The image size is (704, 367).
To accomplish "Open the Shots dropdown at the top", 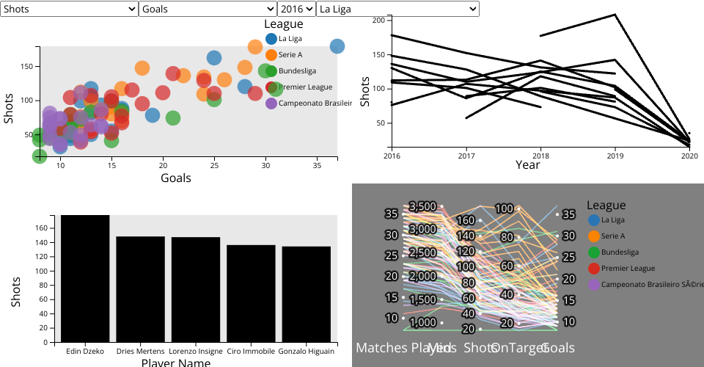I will coord(69,9).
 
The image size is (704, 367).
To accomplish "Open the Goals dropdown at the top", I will coord(208,9).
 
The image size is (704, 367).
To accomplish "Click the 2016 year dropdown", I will coord(296,9).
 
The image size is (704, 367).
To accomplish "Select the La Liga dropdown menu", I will coord(397,9).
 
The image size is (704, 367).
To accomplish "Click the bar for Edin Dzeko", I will coord(85,278).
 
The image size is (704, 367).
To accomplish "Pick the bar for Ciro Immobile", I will coord(251,294).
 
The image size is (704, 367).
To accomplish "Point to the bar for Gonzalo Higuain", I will coord(306,294).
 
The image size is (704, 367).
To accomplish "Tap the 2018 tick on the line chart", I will coord(540,156).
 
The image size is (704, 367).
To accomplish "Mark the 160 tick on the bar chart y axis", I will coord(41,228).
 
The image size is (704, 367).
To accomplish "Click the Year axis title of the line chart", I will coord(527,165).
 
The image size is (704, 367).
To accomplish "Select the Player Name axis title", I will coord(175,363).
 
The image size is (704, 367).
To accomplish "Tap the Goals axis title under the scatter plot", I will coord(175,178).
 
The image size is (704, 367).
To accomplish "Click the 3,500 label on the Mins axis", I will coord(422,206).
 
